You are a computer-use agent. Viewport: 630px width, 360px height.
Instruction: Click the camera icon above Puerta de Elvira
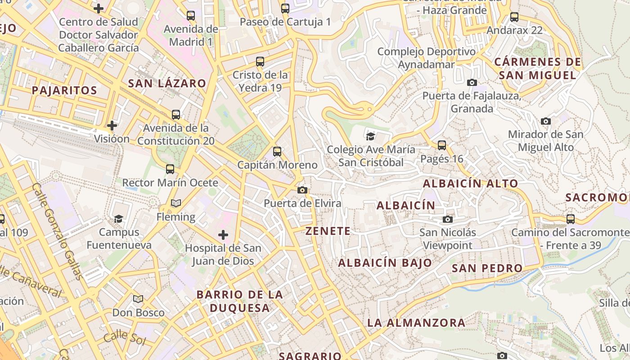pyautogui.click(x=302, y=190)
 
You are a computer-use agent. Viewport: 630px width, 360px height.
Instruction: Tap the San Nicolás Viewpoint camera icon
pyautogui.click(x=448, y=219)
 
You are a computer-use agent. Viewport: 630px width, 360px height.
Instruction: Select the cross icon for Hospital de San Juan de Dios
pyautogui.click(x=223, y=234)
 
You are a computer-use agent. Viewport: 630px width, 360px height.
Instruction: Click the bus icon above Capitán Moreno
pyautogui.click(x=277, y=152)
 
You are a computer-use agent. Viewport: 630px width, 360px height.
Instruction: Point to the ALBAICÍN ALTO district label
pyautogui.click(x=471, y=184)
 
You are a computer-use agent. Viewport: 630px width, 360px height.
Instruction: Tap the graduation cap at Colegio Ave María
pyautogui.click(x=370, y=136)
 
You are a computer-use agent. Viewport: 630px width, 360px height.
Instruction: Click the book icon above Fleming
pyautogui.click(x=175, y=203)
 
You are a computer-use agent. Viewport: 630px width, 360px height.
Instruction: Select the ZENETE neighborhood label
pyautogui.click(x=328, y=231)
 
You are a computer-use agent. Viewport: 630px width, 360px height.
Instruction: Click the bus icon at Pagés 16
pyautogui.click(x=442, y=145)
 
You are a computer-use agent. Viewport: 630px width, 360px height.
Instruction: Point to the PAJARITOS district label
pyautogui.click(x=64, y=90)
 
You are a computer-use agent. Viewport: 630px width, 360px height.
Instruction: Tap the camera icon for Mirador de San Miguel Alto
pyautogui.click(x=546, y=121)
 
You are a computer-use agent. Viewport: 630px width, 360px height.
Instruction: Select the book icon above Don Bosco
pyautogui.click(x=138, y=299)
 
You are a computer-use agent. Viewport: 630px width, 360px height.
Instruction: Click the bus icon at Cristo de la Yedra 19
pyautogui.click(x=260, y=61)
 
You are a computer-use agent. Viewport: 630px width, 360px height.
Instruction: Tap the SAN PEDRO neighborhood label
pyautogui.click(x=487, y=269)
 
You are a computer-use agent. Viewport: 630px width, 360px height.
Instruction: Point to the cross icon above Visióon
pyautogui.click(x=112, y=125)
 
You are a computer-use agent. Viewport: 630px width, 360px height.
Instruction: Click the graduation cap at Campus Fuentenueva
pyautogui.click(x=119, y=219)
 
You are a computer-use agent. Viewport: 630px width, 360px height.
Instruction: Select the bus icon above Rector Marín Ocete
pyautogui.click(x=170, y=169)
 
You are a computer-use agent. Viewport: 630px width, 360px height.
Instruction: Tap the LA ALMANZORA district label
pyautogui.click(x=416, y=323)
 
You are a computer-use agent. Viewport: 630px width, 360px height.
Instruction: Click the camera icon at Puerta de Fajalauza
pyautogui.click(x=472, y=82)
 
